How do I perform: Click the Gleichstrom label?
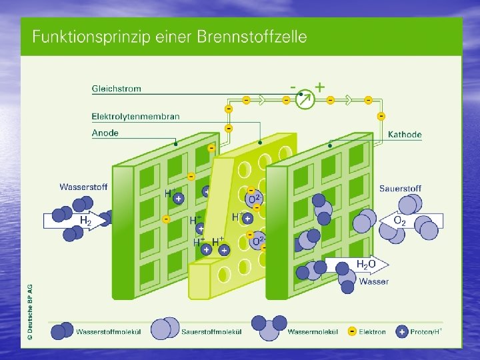[x=116, y=89]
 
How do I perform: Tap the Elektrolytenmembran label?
[x=135, y=117]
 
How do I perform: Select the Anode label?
[x=105, y=133]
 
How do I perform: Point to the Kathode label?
[x=405, y=135]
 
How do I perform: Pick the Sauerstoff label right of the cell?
[x=400, y=189]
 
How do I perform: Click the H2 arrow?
[x=75, y=220]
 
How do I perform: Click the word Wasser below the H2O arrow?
[x=373, y=281]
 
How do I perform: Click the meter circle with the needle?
[x=303, y=99]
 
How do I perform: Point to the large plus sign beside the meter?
[x=320, y=87]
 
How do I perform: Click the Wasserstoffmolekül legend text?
[x=107, y=331]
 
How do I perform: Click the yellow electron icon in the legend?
[x=351, y=331]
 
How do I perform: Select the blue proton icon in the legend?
[x=401, y=331]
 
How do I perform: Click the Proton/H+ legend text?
[x=427, y=331]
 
